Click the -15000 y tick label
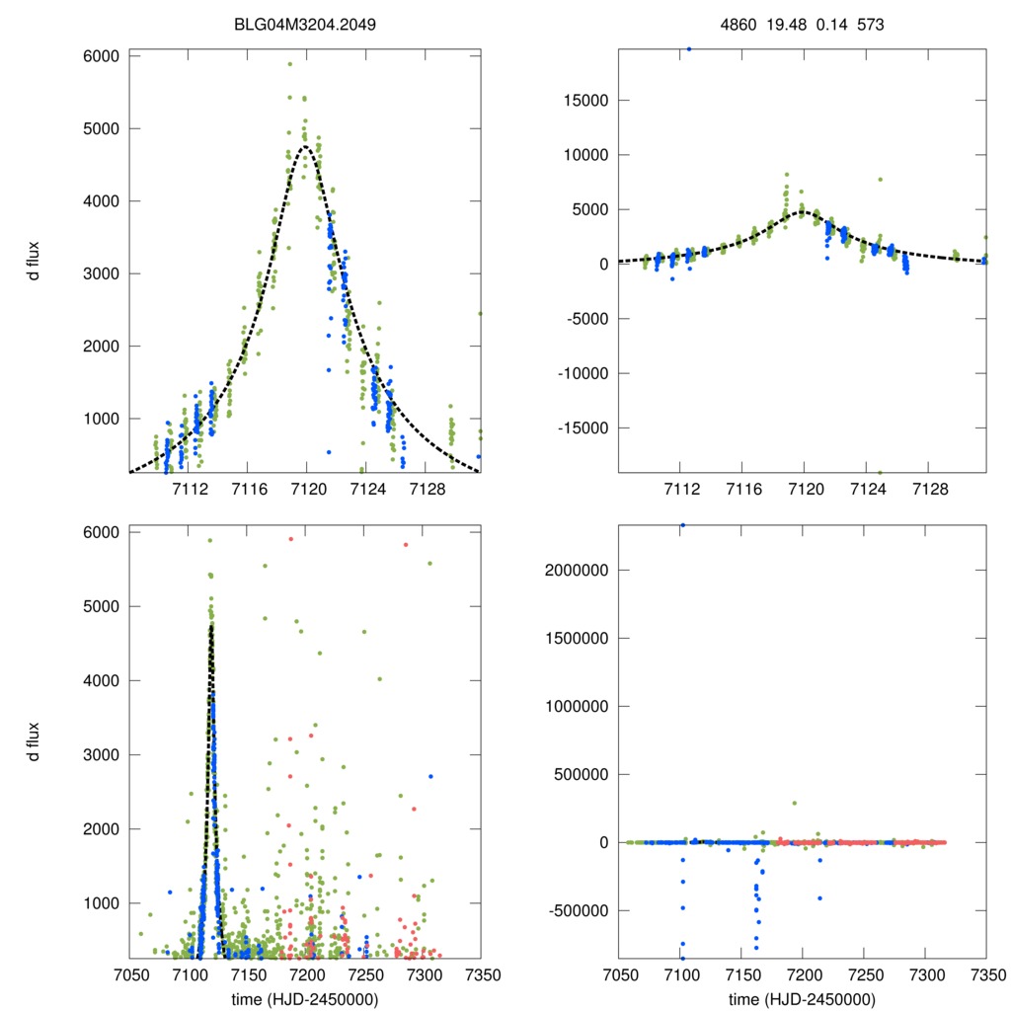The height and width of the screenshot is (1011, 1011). [579, 428]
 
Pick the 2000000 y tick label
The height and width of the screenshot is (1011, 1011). [572, 570]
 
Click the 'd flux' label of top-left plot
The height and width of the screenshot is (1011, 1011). [35, 265]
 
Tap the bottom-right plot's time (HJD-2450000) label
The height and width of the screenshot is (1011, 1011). [802, 998]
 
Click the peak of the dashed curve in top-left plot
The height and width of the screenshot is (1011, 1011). [306, 146]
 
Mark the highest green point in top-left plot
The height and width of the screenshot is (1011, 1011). [289, 64]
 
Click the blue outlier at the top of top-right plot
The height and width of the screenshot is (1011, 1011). [688, 48]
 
